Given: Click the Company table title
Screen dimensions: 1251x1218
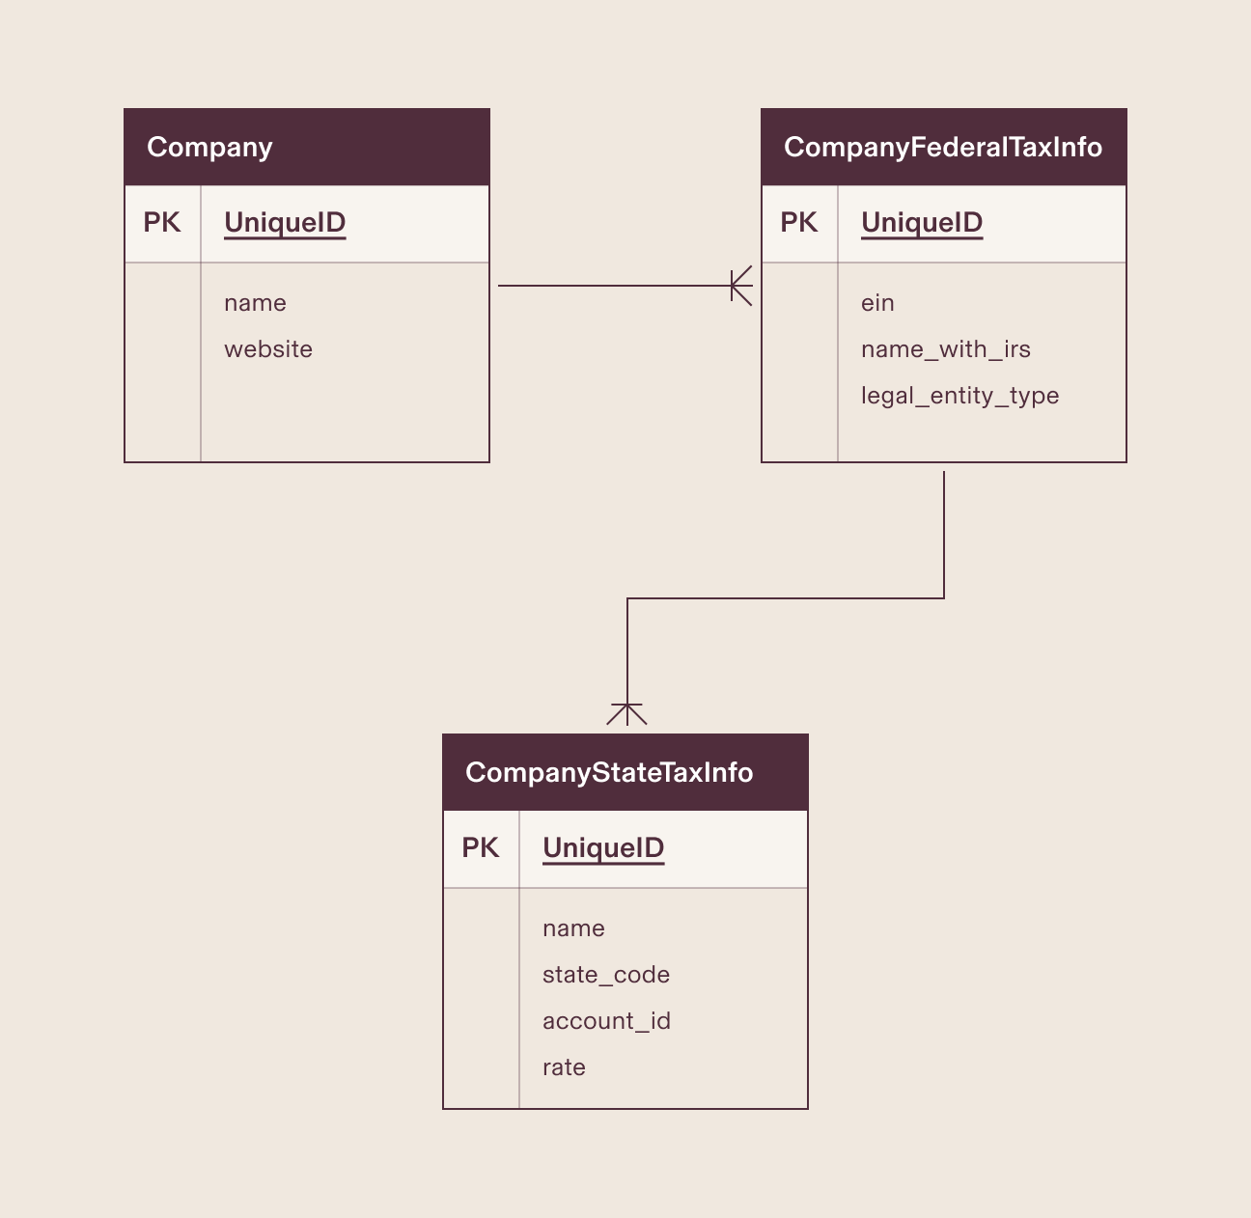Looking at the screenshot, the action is pos(209,147).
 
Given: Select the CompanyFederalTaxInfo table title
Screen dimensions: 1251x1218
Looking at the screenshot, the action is pos(942,147).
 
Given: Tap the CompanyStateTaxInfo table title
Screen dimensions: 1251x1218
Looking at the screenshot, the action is pos(608,772).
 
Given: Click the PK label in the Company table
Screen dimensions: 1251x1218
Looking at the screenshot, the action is pos(162,223).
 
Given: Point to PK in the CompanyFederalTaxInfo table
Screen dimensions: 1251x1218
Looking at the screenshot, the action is pos(799,223).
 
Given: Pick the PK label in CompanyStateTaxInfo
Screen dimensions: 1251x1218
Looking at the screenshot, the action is pos(481,848).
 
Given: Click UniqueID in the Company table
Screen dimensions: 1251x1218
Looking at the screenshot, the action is pos(285,223).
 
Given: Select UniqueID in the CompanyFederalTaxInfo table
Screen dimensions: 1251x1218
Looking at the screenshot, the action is pos(922,223).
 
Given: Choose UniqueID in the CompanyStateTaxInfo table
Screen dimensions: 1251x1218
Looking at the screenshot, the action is pos(603,848).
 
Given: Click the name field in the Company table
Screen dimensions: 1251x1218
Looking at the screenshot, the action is pos(255,303).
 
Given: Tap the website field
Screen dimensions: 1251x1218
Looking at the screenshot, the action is pos(268,349).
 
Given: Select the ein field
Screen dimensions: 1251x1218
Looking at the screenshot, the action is pos(877,303).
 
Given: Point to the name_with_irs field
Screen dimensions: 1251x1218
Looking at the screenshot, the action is pos(945,349).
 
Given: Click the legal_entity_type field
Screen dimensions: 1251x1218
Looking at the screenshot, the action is pos(959,396).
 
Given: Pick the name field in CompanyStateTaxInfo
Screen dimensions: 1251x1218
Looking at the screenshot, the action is pos(573,928).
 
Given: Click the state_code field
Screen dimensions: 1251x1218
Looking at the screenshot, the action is pos(606,975).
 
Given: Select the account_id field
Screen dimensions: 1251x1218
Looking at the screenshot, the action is pos(606,1021).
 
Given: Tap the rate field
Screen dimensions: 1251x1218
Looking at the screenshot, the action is pos(564,1067).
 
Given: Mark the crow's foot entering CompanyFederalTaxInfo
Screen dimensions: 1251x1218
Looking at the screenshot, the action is pos(740,286).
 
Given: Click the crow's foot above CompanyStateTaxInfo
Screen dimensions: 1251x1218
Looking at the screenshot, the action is pos(627,714).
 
